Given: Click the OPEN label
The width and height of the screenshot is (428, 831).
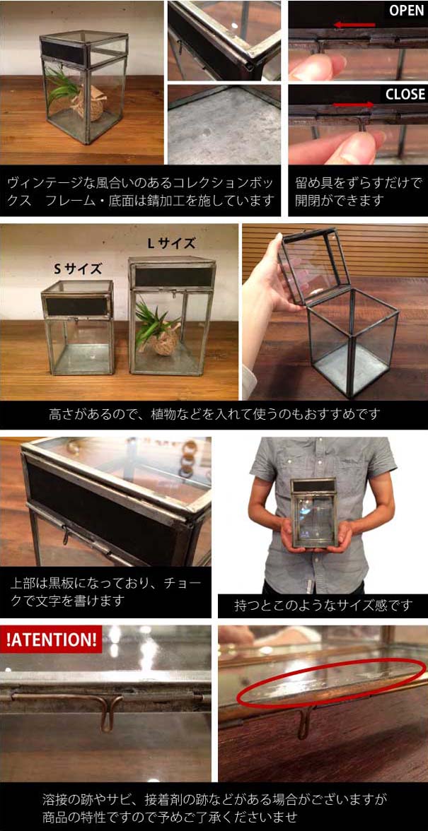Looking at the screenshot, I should [x=406, y=11].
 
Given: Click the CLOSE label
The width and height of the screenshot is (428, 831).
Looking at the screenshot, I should [x=405, y=94].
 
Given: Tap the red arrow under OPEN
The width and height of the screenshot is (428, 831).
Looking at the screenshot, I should [x=354, y=25].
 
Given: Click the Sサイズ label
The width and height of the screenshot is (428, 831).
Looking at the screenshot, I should [x=78, y=269].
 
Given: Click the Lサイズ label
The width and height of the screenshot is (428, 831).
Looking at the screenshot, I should [x=170, y=244].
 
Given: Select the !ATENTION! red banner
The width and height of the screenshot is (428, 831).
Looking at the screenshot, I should [x=52, y=640].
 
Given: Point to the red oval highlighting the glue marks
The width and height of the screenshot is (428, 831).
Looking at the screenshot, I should [x=332, y=683].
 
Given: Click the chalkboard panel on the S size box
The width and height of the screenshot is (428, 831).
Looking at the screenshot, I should [x=76, y=306].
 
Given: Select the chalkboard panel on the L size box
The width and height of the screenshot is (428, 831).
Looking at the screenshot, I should [x=173, y=276].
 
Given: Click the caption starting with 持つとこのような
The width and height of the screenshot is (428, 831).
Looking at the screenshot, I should [x=323, y=606].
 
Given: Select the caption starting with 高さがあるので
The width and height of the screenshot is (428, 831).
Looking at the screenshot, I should [x=214, y=414].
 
